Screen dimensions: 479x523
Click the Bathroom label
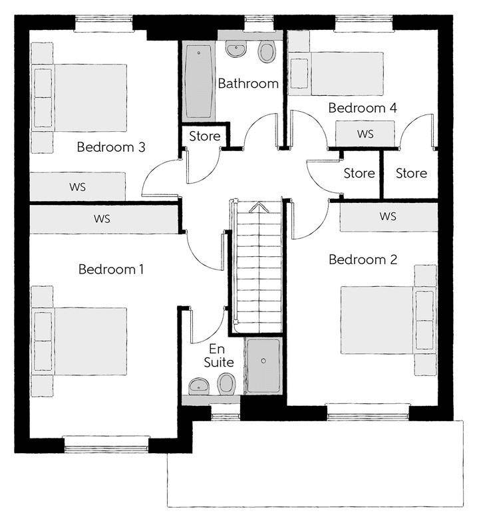(248, 83)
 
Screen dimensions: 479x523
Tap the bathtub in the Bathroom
(198, 81)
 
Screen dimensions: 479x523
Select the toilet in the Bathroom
(267, 52)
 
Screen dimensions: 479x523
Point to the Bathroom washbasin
(236, 49)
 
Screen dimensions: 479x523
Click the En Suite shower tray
(263, 365)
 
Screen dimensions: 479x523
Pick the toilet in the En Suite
(226, 384)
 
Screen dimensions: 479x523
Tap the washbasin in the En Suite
(199, 387)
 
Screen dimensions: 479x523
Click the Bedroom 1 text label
(111, 269)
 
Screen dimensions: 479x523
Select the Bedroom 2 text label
(363, 260)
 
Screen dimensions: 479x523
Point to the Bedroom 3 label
(111, 147)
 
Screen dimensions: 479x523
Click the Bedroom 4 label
(363, 108)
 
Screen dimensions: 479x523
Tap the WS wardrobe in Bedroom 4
(365, 134)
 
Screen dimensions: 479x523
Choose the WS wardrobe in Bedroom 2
(389, 216)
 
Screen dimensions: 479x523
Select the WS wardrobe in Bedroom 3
(78, 186)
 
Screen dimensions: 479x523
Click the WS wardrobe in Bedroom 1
(104, 219)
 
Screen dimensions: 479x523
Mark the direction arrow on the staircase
(259, 207)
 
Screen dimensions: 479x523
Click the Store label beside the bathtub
(205, 136)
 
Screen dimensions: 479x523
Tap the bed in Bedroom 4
(336, 73)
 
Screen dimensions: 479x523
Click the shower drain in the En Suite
(263, 361)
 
